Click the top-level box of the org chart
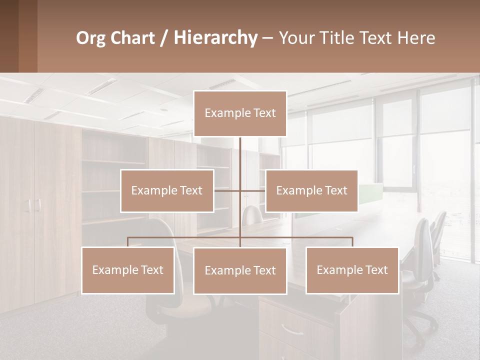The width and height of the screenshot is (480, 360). point(240,113)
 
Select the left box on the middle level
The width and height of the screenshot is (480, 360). point(167,190)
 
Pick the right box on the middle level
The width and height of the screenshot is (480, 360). point(311,190)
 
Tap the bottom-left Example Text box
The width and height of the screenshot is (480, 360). point(128,270)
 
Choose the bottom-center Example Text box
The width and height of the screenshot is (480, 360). point(240,270)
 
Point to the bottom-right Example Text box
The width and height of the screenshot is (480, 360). point(352,270)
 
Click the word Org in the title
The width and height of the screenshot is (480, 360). point(88,38)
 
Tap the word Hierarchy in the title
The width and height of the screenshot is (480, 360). point(215,38)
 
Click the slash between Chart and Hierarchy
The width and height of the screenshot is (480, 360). point(163,38)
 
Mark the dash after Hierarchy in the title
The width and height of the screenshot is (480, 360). point(267,38)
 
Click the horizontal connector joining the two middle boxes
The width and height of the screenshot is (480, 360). point(240,190)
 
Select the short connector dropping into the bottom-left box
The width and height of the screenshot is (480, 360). point(128,242)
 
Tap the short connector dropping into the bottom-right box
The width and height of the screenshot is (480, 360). point(352,242)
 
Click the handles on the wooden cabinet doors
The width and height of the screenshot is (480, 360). point(33,205)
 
